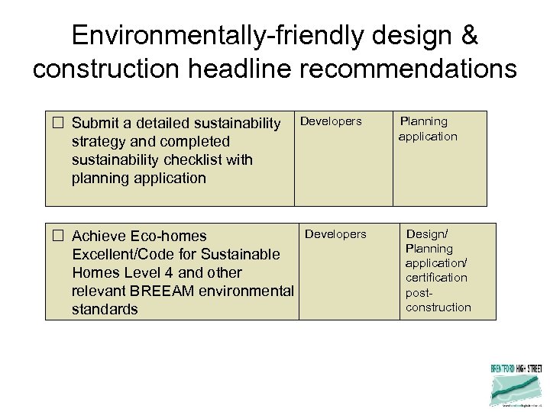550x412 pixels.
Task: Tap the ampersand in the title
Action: (x=469, y=35)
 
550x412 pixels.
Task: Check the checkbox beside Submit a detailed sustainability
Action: (x=57, y=123)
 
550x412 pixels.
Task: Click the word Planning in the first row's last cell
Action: (x=425, y=121)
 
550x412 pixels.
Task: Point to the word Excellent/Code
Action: (x=118, y=254)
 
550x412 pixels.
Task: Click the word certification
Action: (x=436, y=278)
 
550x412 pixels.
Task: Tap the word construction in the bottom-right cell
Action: (x=438, y=307)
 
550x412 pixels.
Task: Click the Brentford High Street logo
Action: (x=516, y=384)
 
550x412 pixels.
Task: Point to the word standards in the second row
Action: (x=105, y=309)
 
